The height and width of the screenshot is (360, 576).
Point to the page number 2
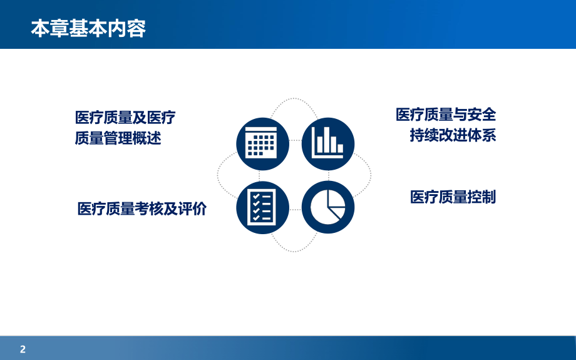point(23,349)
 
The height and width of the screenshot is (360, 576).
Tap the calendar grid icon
point(262,144)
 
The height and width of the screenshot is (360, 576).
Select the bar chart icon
point(328,144)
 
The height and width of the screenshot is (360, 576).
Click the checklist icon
point(262,207)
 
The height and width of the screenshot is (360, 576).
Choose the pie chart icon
point(328,207)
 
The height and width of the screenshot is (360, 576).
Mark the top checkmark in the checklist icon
point(255,196)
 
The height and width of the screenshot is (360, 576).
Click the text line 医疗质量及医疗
point(125,118)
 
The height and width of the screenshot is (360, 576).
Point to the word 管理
point(118,138)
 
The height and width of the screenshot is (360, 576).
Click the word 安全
point(482,115)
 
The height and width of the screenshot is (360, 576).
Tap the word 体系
point(482,135)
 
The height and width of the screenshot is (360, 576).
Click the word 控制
point(482,197)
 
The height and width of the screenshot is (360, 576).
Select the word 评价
point(192,209)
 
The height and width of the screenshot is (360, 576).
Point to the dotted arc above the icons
point(295,100)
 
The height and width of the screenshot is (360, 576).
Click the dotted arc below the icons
point(295,250)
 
